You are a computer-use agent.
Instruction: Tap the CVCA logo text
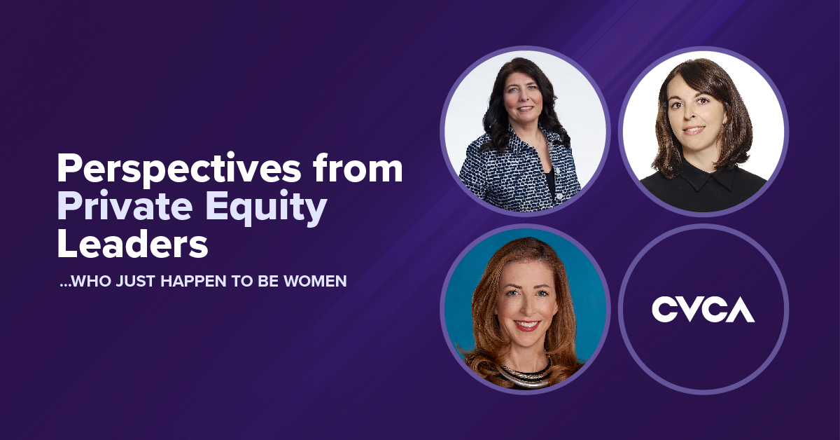click(703, 309)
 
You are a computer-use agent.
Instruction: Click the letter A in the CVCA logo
click(739, 310)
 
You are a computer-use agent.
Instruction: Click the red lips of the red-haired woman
click(526, 326)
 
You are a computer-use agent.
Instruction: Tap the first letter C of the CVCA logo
click(665, 310)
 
